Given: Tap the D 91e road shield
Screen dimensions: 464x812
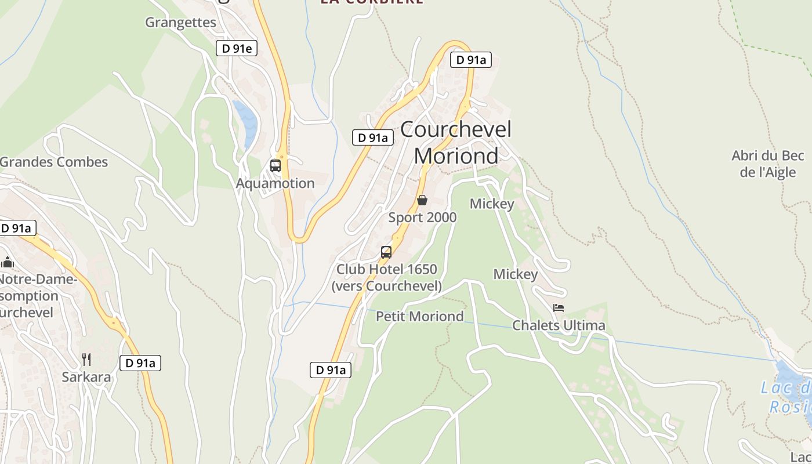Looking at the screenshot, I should (x=236, y=48).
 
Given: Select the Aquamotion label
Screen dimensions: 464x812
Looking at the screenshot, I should (x=275, y=183).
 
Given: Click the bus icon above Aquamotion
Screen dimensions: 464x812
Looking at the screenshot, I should (x=275, y=166).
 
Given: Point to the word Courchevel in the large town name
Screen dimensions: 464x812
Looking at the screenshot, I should (x=456, y=129).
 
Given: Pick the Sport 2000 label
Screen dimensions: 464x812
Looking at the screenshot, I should (x=422, y=217).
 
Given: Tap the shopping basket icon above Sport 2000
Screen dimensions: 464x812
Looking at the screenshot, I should (x=422, y=201).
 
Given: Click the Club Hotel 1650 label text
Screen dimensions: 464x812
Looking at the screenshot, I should (x=387, y=270).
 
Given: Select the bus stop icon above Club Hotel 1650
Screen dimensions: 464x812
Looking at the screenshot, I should (x=386, y=252).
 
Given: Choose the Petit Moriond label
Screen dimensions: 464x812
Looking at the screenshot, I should (x=420, y=316).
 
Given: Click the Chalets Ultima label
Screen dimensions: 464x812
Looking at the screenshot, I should (x=559, y=325).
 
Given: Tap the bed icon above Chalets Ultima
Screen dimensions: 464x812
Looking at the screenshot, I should (x=559, y=308).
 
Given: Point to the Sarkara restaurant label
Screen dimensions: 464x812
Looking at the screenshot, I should (x=86, y=377).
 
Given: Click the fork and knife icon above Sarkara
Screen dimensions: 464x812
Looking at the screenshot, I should (x=86, y=360).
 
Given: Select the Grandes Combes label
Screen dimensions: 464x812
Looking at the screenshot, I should (x=54, y=162).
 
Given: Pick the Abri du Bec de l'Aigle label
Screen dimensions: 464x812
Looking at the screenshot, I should (x=768, y=164).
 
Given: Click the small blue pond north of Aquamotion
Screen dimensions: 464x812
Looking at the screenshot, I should (x=246, y=122).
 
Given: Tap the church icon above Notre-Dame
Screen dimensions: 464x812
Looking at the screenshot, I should (x=8, y=262).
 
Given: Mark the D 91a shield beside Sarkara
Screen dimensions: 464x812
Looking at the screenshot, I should (x=140, y=364).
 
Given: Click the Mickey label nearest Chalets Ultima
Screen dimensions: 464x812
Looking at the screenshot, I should (x=516, y=274).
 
